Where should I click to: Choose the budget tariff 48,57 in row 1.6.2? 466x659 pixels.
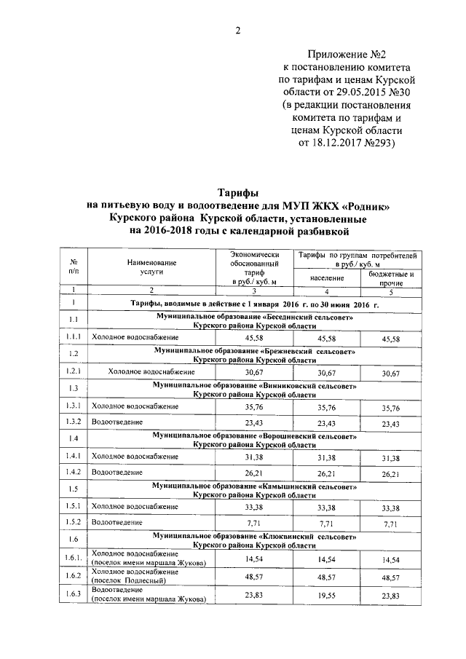[392, 576]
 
